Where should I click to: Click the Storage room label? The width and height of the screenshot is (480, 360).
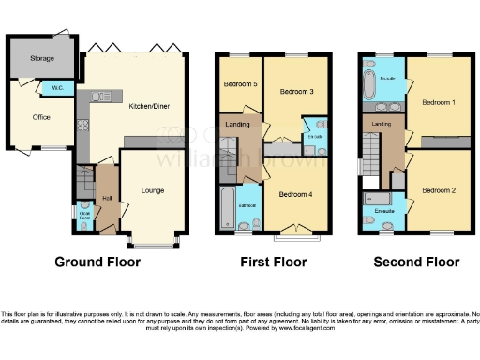coord(42,58)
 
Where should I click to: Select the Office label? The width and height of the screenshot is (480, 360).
coord(40,117)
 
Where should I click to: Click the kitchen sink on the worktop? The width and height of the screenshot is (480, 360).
coord(102,96)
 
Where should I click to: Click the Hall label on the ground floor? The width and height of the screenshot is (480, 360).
coord(107,198)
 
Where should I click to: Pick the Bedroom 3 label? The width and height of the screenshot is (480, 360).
coord(297,91)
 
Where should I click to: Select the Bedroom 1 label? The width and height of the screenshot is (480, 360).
coord(437,101)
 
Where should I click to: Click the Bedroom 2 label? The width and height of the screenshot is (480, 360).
coord(437,190)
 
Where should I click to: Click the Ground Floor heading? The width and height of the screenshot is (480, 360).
coord(97,262)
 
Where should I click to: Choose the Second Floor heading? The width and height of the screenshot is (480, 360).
coord(415,262)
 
